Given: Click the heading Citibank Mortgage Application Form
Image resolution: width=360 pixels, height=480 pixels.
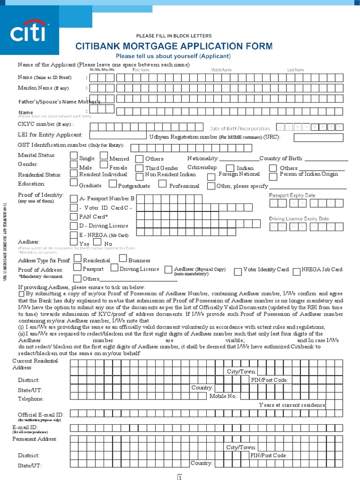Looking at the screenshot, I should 174,46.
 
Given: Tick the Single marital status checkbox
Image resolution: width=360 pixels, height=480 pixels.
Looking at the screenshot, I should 74,156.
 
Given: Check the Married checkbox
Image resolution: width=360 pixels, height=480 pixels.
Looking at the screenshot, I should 105,156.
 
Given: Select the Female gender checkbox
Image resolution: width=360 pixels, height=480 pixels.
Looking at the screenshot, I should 105,165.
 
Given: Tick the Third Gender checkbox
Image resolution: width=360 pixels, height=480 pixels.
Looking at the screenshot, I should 139,168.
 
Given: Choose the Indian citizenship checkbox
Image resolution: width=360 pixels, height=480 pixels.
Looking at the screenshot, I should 230,168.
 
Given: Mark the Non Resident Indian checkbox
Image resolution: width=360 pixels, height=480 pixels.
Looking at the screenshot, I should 139,176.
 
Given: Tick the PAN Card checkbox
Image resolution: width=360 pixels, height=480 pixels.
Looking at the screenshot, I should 74,217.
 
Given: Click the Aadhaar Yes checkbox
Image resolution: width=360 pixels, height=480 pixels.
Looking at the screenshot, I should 74,241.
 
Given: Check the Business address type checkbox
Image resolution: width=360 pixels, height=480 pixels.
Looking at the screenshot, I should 123,258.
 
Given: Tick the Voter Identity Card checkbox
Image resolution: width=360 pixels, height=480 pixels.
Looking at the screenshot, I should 238,271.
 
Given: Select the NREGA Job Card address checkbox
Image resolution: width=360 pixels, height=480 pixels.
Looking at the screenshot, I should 296,271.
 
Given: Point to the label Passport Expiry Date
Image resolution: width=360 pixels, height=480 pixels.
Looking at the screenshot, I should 292,195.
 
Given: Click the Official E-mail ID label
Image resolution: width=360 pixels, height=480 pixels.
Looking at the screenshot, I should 40,415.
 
